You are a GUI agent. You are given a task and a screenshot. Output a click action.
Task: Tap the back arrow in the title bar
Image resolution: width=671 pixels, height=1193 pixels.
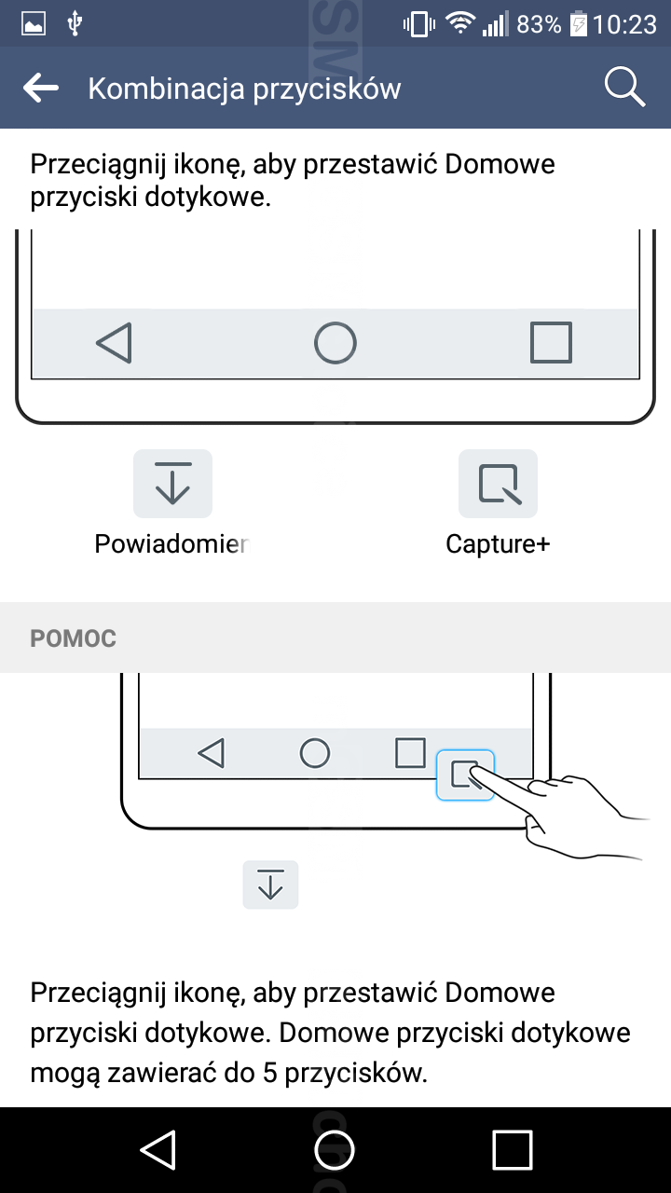pyautogui.click(x=41, y=88)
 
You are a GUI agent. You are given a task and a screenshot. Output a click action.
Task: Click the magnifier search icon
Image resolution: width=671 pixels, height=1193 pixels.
pyautogui.click(x=624, y=88)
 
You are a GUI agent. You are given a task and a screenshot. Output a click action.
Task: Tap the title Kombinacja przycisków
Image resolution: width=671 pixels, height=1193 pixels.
pyautogui.click(x=244, y=89)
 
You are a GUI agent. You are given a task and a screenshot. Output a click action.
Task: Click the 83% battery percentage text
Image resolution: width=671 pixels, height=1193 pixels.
pyautogui.click(x=539, y=24)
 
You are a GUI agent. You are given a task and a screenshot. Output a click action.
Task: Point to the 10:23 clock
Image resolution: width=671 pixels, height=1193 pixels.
pyautogui.click(x=624, y=24)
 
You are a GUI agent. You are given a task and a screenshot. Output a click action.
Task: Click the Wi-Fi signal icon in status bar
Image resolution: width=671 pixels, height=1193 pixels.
pyautogui.click(x=460, y=23)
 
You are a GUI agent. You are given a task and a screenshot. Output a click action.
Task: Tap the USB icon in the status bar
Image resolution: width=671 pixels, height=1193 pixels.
pyautogui.click(x=75, y=24)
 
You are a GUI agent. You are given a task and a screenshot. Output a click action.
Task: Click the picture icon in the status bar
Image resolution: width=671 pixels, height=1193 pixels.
pyautogui.click(x=34, y=24)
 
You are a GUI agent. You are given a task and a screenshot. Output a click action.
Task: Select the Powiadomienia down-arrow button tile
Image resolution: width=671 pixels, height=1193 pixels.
pyautogui.click(x=172, y=484)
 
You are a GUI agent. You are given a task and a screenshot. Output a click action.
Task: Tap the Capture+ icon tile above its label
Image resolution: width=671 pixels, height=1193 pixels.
pyautogui.click(x=498, y=484)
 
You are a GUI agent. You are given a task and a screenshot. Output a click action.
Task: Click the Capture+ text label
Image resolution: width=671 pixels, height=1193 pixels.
pyautogui.click(x=498, y=544)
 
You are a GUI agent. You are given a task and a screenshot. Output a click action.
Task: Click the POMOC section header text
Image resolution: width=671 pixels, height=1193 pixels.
pyautogui.click(x=73, y=638)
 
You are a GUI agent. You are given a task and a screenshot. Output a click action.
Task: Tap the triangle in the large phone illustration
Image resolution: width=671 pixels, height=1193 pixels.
pyautogui.click(x=115, y=342)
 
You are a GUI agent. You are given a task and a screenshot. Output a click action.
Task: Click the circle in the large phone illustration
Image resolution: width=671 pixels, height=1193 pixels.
pyautogui.click(x=335, y=342)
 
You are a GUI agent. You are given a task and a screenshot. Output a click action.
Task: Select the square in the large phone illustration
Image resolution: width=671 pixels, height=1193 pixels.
pyautogui.click(x=551, y=342)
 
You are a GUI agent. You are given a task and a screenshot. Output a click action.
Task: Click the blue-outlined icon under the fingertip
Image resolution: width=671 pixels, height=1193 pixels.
pyautogui.click(x=465, y=775)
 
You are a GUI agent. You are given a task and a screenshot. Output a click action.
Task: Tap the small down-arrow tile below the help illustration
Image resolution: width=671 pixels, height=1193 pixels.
pyautogui.click(x=270, y=884)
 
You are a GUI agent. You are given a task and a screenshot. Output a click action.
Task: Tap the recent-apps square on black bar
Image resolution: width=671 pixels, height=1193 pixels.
pyautogui.click(x=513, y=1149)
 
